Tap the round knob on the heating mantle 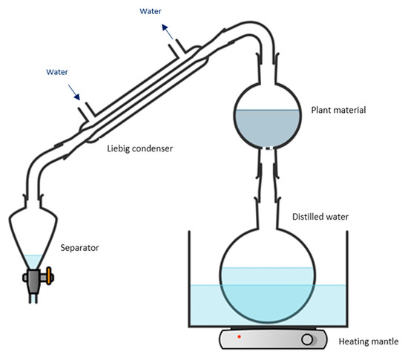307,341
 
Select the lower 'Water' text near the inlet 59,72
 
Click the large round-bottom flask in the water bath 268,275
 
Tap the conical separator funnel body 33,238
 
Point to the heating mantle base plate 274,340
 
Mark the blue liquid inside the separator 32,262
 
